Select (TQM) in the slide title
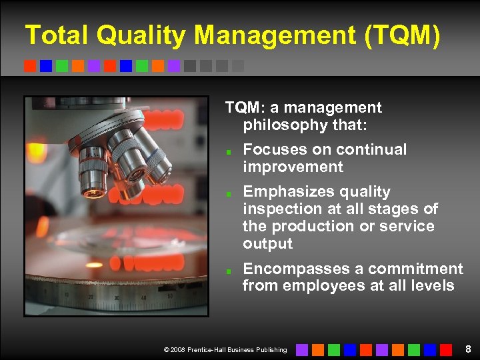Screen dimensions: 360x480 [403, 35]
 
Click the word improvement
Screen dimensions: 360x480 [293, 167]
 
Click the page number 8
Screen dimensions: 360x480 [469, 349]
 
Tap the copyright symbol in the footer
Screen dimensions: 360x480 [165, 350]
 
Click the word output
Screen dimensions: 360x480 [268, 244]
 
